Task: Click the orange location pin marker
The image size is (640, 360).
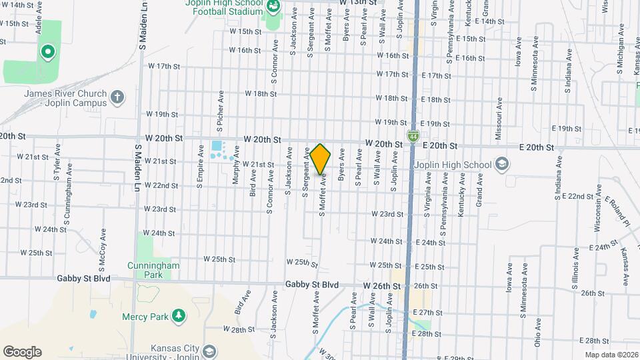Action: (x=321, y=160)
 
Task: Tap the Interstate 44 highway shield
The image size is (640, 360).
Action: (x=413, y=136)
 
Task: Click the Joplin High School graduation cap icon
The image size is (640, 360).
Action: (x=500, y=165)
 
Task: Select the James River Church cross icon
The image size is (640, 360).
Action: (x=117, y=98)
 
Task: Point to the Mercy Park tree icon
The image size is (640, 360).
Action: (x=178, y=315)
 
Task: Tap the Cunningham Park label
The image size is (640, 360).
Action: (x=154, y=269)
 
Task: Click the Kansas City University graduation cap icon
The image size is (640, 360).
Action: (x=209, y=351)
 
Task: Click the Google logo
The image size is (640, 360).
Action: (x=23, y=351)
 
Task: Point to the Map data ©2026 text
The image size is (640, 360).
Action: (x=611, y=355)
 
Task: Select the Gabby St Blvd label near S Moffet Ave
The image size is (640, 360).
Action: (x=312, y=285)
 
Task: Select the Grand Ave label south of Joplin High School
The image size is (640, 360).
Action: (x=479, y=191)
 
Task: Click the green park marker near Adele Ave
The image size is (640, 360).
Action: (x=47, y=51)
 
